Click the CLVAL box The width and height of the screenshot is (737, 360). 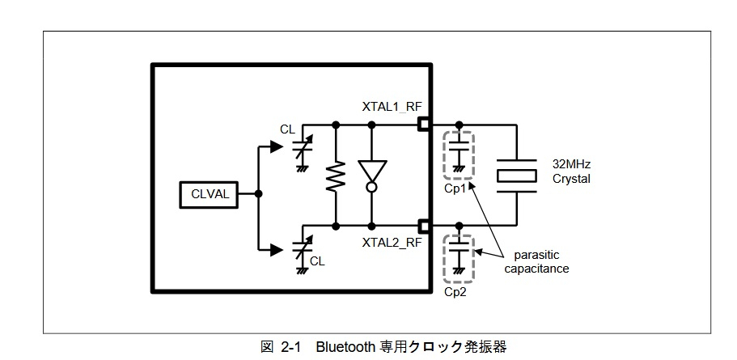210,194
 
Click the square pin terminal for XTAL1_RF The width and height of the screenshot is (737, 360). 425,125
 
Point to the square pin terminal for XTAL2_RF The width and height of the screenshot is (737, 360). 425,226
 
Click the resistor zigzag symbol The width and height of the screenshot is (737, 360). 336,176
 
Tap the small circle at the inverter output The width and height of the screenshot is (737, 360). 372,188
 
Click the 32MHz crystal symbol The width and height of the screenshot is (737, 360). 517,176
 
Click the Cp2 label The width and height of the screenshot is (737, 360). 455,292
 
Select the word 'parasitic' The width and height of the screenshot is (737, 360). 536,255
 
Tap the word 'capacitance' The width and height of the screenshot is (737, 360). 536,269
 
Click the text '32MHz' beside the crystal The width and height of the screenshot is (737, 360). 571,164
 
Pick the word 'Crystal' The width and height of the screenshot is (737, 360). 571,179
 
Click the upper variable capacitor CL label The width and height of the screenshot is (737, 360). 288,129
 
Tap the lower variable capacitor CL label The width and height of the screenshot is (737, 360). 317,260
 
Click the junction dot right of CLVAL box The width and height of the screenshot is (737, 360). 258,193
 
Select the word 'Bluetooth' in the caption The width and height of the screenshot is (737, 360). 343,348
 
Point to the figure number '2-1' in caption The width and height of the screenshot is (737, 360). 290,348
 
